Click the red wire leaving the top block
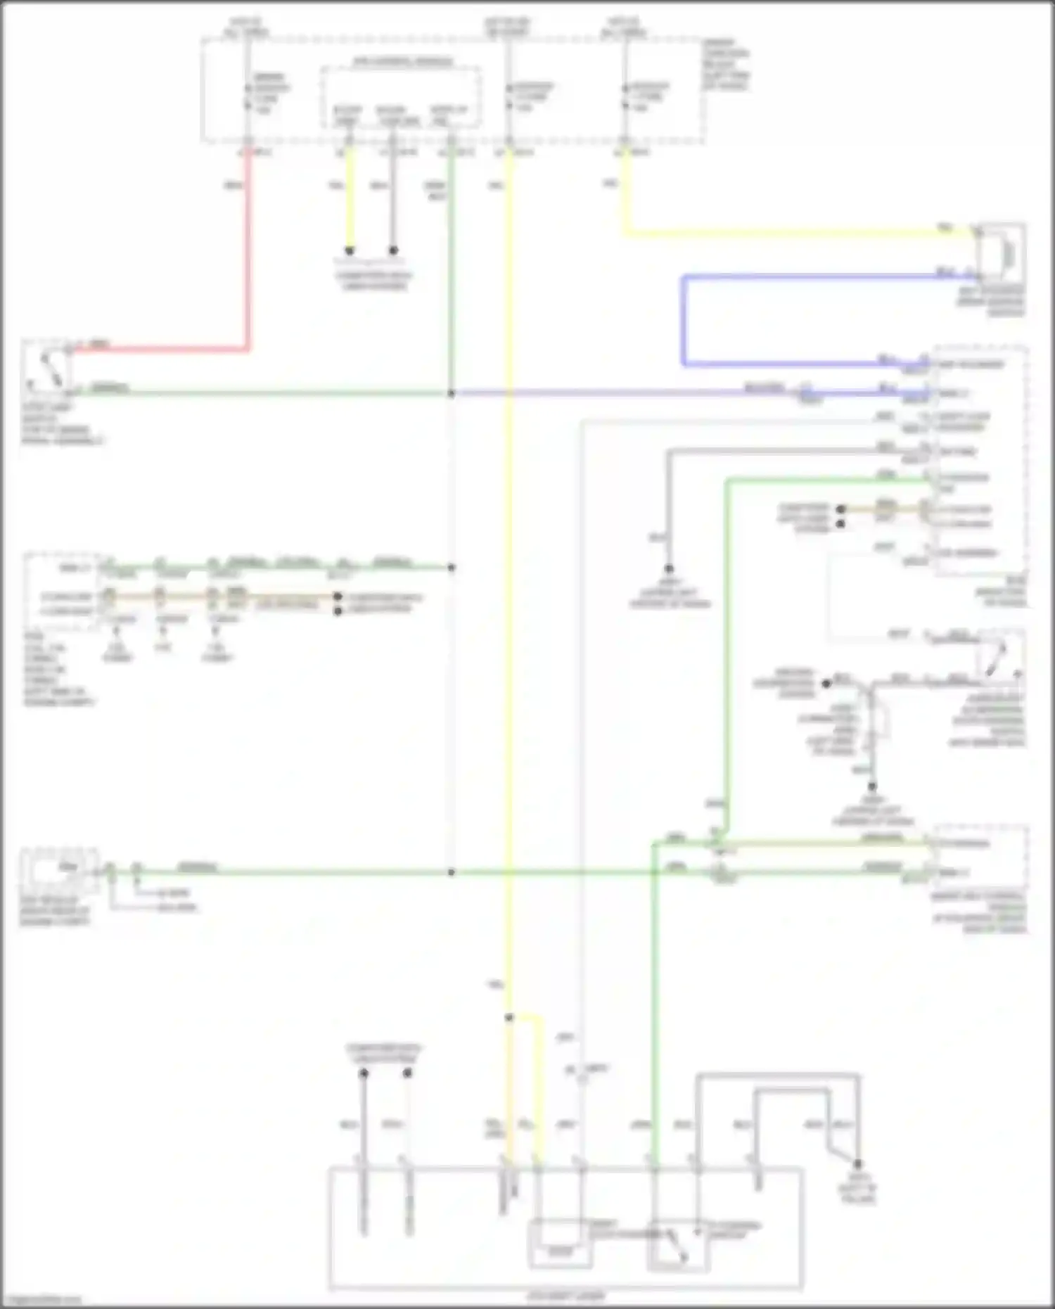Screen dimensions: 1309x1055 pyautogui.click(x=248, y=253)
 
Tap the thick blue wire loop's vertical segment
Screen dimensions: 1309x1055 pyautogui.click(x=683, y=321)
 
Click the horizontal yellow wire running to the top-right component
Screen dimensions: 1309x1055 pyautogui.click(x=795, y=232)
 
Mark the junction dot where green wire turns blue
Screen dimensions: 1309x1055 pyautogui.click(x=452, y=393)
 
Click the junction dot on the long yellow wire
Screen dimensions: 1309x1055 pyautogui.click(x=509, y=1017)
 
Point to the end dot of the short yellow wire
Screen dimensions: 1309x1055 pyautogui.click(x=350, y=250)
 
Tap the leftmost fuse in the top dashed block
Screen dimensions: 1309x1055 pyautogui.click(x=248, y=97)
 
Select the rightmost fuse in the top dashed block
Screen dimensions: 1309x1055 pyautogui.click(x=625, y=97)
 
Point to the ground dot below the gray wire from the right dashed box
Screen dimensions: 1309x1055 pyautogui.click(x=669, y=569)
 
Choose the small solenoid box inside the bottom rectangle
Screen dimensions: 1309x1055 pyautogui.click(x=560, y=1246)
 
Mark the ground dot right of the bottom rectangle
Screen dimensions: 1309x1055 pyautogui.click(x=857, y=1164)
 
